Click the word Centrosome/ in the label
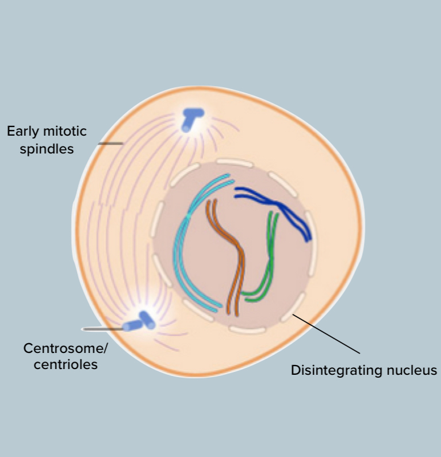click(65, 348)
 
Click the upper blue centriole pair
click(191, 118)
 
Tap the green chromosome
click(269, 253)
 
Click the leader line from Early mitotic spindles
click(110, 143)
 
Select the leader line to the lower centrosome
click(103, 329)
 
